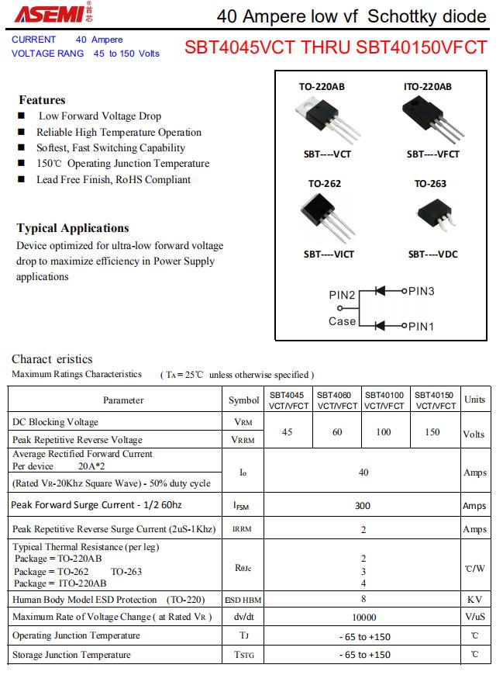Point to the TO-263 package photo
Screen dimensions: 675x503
point(433,216)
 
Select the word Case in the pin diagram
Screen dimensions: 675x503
point(342,321)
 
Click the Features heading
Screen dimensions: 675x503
point(42,100)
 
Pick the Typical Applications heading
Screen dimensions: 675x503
point(73,228)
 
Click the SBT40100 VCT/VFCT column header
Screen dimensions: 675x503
point(384,400)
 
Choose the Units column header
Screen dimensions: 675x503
point(474,400)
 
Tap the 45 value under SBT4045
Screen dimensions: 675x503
point(288,432)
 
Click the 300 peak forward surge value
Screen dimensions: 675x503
point(363,506)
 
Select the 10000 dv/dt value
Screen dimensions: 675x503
point(363,618)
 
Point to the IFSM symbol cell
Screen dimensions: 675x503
point(241,506)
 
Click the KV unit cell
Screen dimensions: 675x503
point(474,600)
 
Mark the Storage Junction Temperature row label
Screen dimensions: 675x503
point(71,655)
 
